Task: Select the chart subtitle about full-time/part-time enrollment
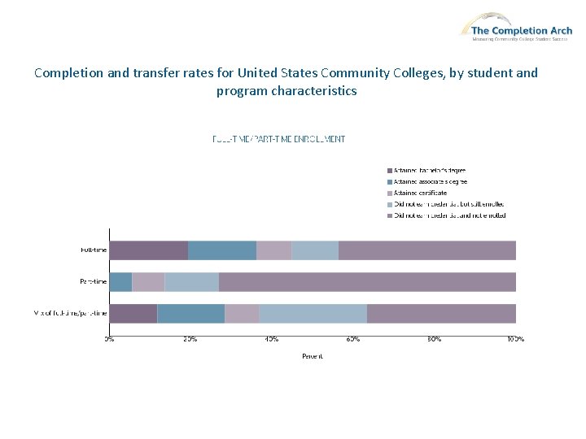pos(278,139)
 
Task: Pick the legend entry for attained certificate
pos(420,193)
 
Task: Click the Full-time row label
pos(93,250)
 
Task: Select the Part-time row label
pos(93,281)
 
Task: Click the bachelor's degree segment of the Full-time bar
pos(149,250)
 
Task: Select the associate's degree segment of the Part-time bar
pos(120,281)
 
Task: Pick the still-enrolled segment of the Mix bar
pos(313,313)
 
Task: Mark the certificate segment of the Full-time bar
pos(273,250)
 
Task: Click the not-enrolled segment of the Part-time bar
pos(367,281)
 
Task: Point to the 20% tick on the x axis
pos(190,338)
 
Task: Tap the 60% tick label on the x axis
pos(353,338)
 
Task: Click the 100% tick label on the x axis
pos(515,338)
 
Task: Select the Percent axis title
pos(313,356)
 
